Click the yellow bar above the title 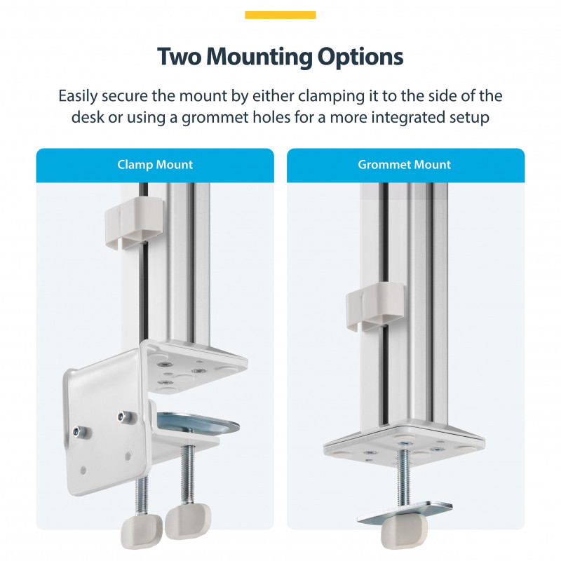coord(280,15)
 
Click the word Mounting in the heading coord(259,58)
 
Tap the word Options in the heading coord(360,58)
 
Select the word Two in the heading coord(180,57)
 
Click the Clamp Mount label coord(155,165)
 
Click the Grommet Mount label coord(405,165)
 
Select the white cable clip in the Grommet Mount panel coord(375,306)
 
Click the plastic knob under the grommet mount coord(404,532)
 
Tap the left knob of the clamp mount coord(142,533)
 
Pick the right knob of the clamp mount coord(188,521)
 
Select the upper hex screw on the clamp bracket coord(122,417)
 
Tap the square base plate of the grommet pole coord(404,444)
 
